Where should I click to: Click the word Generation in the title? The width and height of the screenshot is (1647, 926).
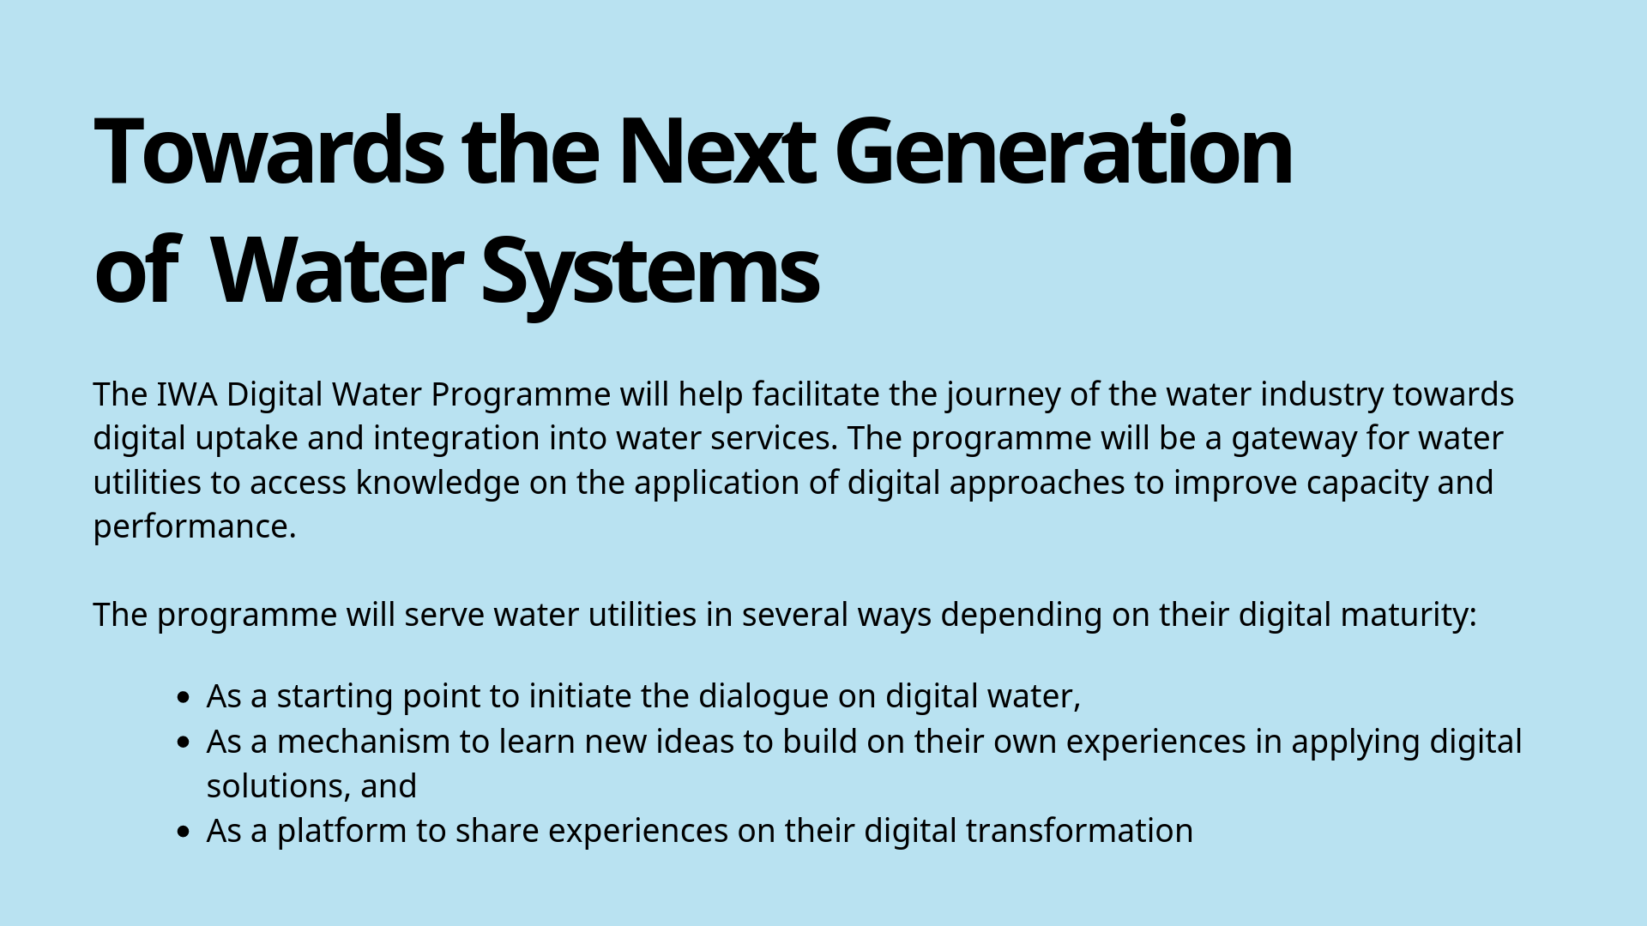coord(1063,151)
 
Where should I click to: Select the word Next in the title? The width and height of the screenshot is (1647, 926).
coord(715,151)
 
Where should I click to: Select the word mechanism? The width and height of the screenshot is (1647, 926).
coord(364,742)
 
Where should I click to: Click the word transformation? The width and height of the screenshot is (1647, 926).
coord(1079,831)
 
